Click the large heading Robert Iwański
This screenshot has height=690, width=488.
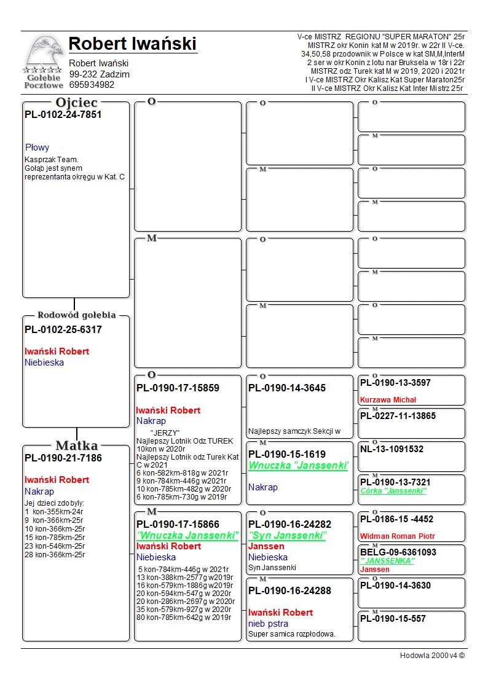(132, 44)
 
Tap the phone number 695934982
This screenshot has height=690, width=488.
(92, 85)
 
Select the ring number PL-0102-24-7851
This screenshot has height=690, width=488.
(63, 115)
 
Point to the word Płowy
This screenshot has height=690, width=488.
(37, 147)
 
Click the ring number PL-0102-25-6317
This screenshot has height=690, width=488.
(63, 330)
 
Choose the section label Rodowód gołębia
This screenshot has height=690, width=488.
(77, 315)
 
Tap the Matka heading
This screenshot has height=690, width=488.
(77, 445)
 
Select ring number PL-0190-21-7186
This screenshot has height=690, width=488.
(63, 458)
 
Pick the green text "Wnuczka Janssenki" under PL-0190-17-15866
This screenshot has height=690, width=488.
(187, 536)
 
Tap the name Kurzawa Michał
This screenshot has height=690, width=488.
(388, 399)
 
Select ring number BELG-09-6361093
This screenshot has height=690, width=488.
(398, 552)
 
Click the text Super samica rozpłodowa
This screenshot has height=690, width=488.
(292, 634)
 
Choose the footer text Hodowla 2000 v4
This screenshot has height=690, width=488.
(432, 656)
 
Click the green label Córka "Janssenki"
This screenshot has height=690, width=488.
(393, 491)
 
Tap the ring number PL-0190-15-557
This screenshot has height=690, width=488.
(393, 619)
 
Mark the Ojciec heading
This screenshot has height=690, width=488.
(77, 103)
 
